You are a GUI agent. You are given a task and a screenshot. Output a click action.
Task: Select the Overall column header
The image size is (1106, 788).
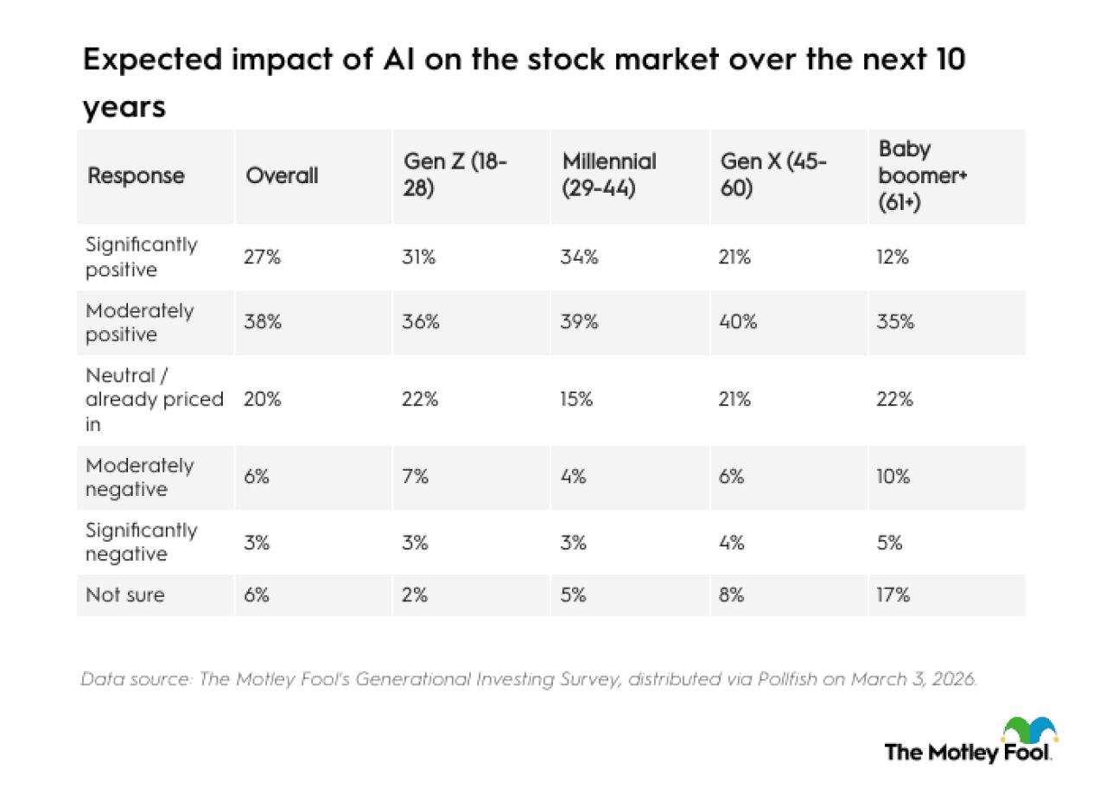pos(282,176)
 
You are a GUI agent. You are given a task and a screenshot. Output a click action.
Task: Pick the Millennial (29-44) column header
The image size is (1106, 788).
pos(609,176)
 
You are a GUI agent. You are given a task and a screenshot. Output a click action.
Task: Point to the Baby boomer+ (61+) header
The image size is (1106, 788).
pos(916,176)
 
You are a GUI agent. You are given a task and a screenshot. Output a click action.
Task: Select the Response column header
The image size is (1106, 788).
pos(136,176)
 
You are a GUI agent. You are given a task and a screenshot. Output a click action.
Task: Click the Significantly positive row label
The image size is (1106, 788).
pos(141,257)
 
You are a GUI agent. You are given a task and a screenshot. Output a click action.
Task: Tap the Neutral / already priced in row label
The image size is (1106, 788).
pos(154,400)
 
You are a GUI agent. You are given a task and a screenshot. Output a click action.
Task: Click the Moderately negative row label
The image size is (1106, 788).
pos(139,478)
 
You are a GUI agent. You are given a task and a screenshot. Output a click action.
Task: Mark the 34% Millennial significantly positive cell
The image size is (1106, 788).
pos(580,257)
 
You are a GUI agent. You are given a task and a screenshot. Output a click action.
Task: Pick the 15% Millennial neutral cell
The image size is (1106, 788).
pos(578,400)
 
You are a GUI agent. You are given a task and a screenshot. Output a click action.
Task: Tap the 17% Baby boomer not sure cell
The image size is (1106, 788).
pos(893,595)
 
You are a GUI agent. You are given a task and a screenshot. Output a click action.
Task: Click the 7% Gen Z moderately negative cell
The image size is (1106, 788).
pos(416,478)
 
